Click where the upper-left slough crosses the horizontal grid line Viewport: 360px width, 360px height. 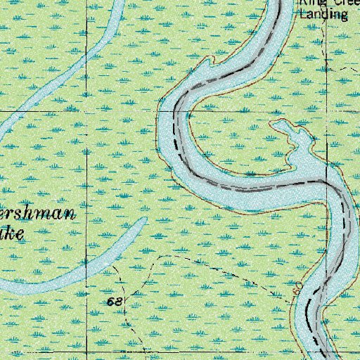click(x=7, y=110)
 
